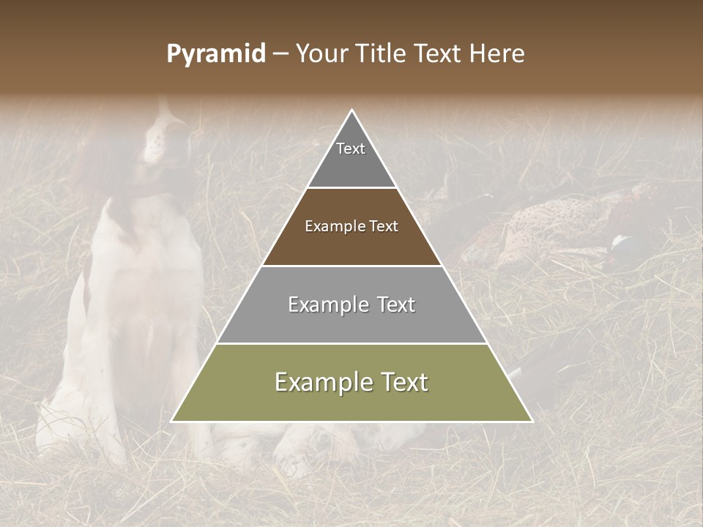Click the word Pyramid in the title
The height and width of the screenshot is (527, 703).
[215, 54]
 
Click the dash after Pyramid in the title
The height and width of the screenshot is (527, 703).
[280, 55]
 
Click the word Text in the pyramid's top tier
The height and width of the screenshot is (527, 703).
[351, 149]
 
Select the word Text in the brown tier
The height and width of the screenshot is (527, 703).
[384, 227]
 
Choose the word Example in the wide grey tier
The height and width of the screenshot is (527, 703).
[328, 304]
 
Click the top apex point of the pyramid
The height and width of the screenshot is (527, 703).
[351, 111]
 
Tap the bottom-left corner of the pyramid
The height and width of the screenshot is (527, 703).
[172, 421]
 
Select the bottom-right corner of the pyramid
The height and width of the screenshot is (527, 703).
[532, 421]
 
